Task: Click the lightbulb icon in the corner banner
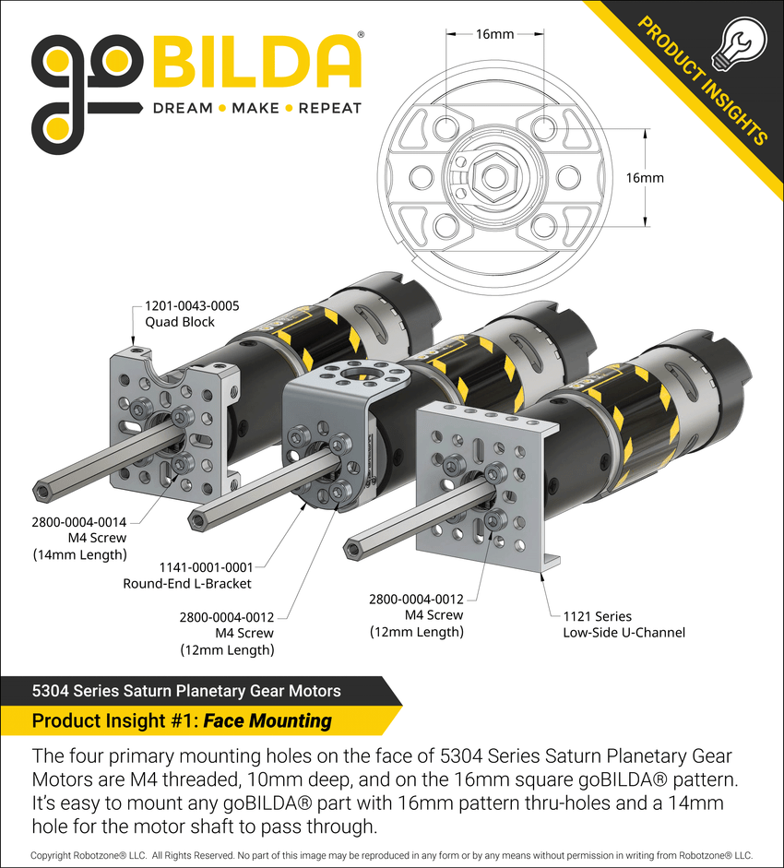coord(740,43)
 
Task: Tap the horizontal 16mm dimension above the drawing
coord(494,34)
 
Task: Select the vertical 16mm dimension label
coord(645,178)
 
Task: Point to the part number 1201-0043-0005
coord(192,305)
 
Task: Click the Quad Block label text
coord(179,322)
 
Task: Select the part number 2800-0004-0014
coord(78,522)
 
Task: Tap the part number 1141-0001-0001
coord(206,567)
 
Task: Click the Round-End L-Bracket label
coord(187,584)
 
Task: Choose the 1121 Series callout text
coord(597,616)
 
